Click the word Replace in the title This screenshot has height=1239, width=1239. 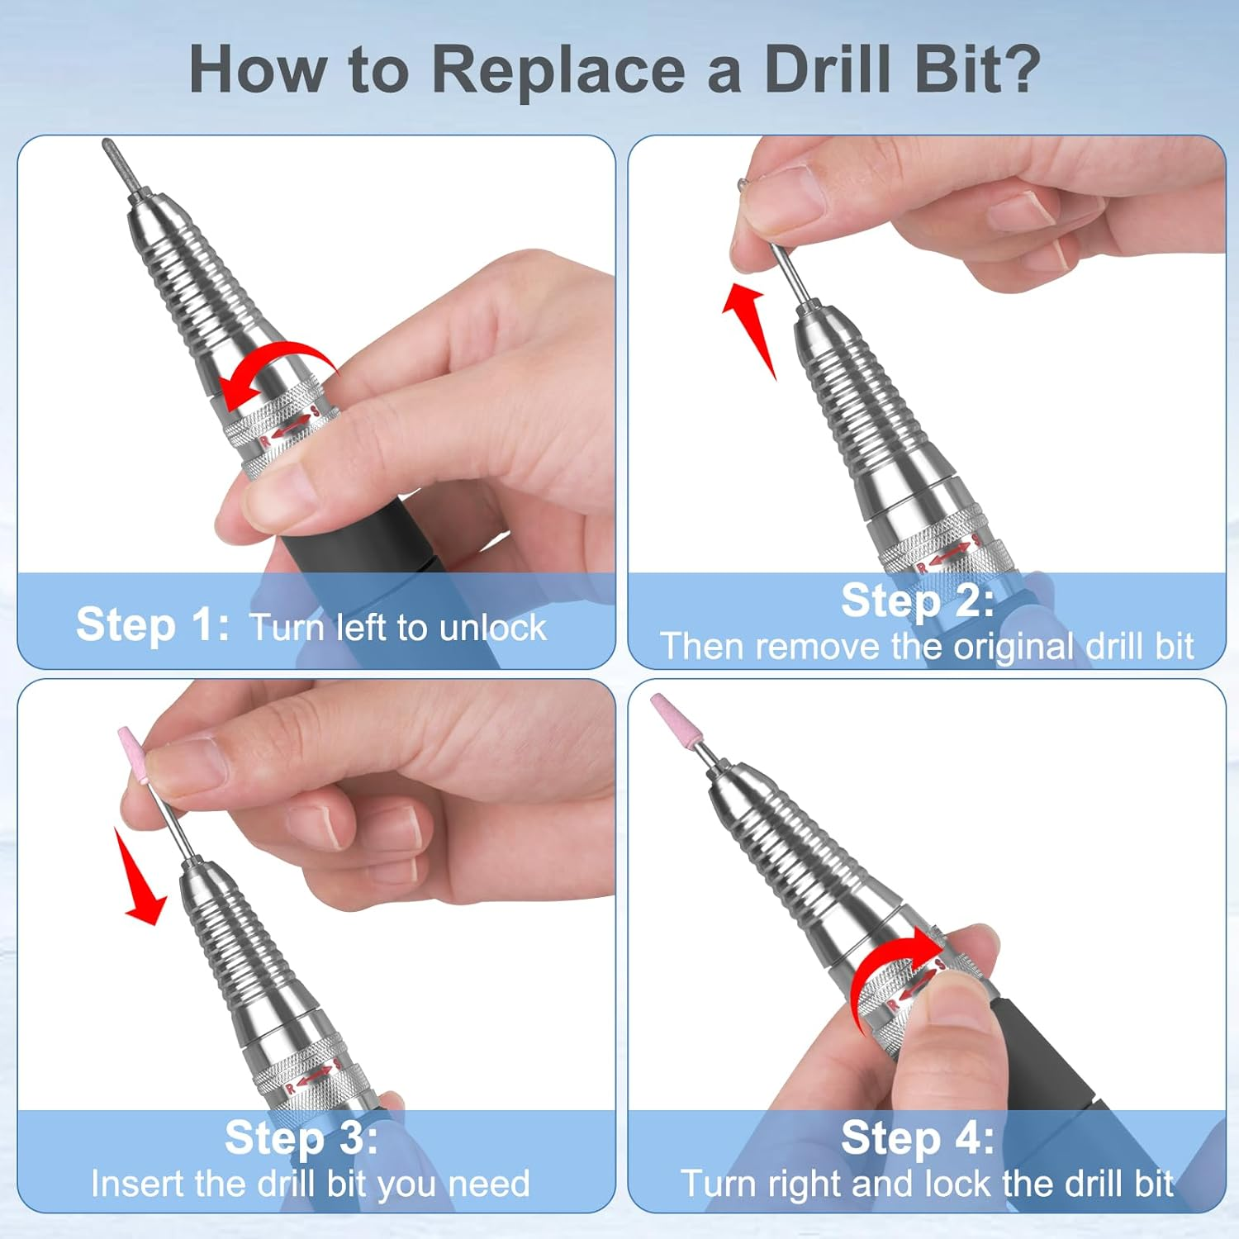558,70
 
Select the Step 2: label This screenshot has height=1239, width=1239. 917,601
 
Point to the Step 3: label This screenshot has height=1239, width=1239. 301,1137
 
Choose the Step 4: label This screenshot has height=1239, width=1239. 917,1137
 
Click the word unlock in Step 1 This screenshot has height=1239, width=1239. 493,628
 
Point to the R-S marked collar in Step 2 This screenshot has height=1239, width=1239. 946,554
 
